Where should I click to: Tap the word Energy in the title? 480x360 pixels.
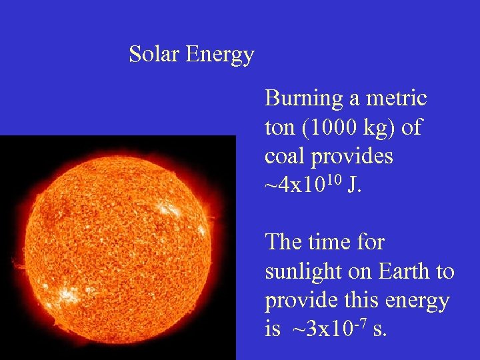(x=220, y=55)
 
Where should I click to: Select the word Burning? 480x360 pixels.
(x=303, y=99)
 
